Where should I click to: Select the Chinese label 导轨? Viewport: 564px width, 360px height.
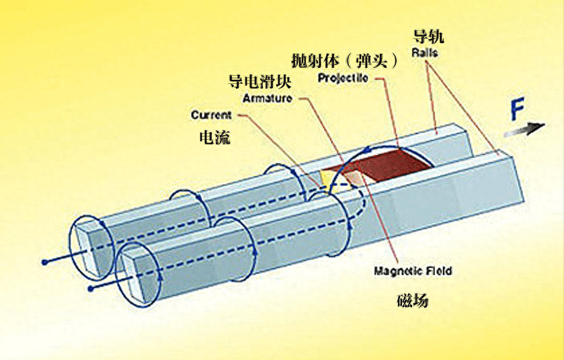[x=428, y=36]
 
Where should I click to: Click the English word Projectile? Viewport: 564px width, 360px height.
[x=344, y=79]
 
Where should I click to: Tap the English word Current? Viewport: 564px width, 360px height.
[x=211, y=115]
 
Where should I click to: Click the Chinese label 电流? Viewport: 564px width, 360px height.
[x=214, y=138]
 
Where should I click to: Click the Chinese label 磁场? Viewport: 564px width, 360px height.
[x=411, y=300]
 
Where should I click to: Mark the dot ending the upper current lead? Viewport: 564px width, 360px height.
[x=44, y=261]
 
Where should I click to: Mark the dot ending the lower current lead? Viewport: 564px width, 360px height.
[x=89, y=287]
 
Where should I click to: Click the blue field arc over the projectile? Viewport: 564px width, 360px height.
[x=376, y=148]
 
